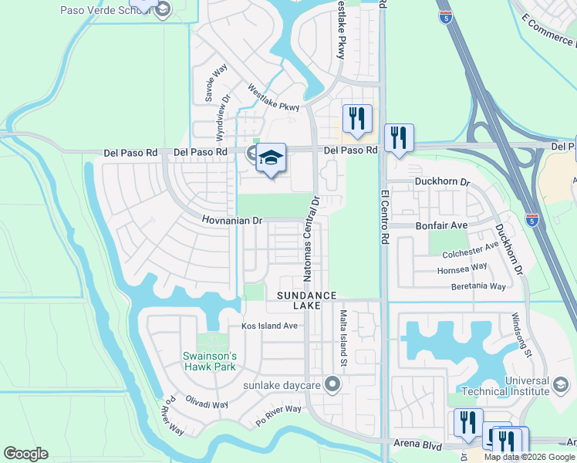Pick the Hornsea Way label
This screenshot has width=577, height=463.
click(462, 267)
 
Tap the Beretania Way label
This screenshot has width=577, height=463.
click(478, 286)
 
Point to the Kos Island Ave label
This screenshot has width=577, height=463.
click(269, 326)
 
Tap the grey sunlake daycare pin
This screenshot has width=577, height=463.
click(332, 384)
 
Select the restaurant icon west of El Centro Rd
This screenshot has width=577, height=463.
click(356, 118)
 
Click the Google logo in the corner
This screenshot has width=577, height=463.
click(26, 454)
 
